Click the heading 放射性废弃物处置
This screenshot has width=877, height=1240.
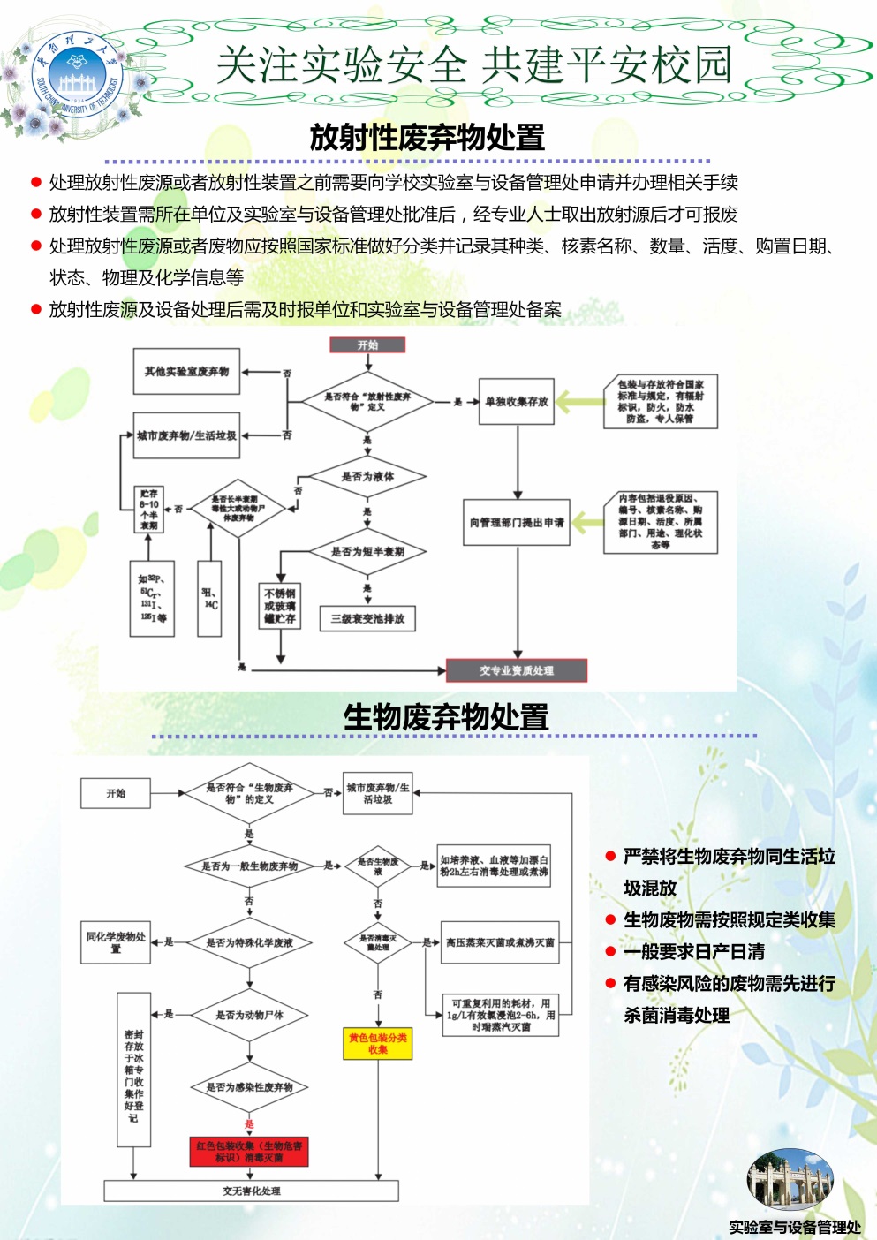click(427, 138)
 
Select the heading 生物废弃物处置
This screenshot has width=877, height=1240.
click(446, 716)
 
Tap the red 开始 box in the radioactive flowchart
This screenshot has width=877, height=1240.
click(367, 344)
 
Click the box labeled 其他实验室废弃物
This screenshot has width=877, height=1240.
click(186, 372)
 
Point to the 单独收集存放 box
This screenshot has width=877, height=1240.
click(517, 402)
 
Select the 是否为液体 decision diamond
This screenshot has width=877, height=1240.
click(367, 477)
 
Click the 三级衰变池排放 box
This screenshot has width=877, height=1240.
click(367, 618)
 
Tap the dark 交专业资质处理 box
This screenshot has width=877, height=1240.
click(517, 670)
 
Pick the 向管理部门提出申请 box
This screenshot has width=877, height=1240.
click(517, 523)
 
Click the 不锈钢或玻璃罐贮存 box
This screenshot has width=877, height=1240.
click(280, 606)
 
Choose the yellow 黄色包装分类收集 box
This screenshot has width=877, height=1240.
click(378, 1044)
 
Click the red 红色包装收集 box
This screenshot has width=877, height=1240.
click(249, 1152)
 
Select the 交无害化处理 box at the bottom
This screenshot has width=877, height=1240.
click(252, 1191)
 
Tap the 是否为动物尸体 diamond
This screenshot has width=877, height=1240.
click(250, 1016)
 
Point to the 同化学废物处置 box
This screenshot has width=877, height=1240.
click(116, 942)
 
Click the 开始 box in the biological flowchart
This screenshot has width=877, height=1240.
click(116, 793)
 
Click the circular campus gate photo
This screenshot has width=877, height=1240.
click(790, 1179)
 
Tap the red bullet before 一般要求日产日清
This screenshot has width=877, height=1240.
click(610, 951)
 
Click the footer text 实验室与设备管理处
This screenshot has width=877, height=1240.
click(794, 1227)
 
